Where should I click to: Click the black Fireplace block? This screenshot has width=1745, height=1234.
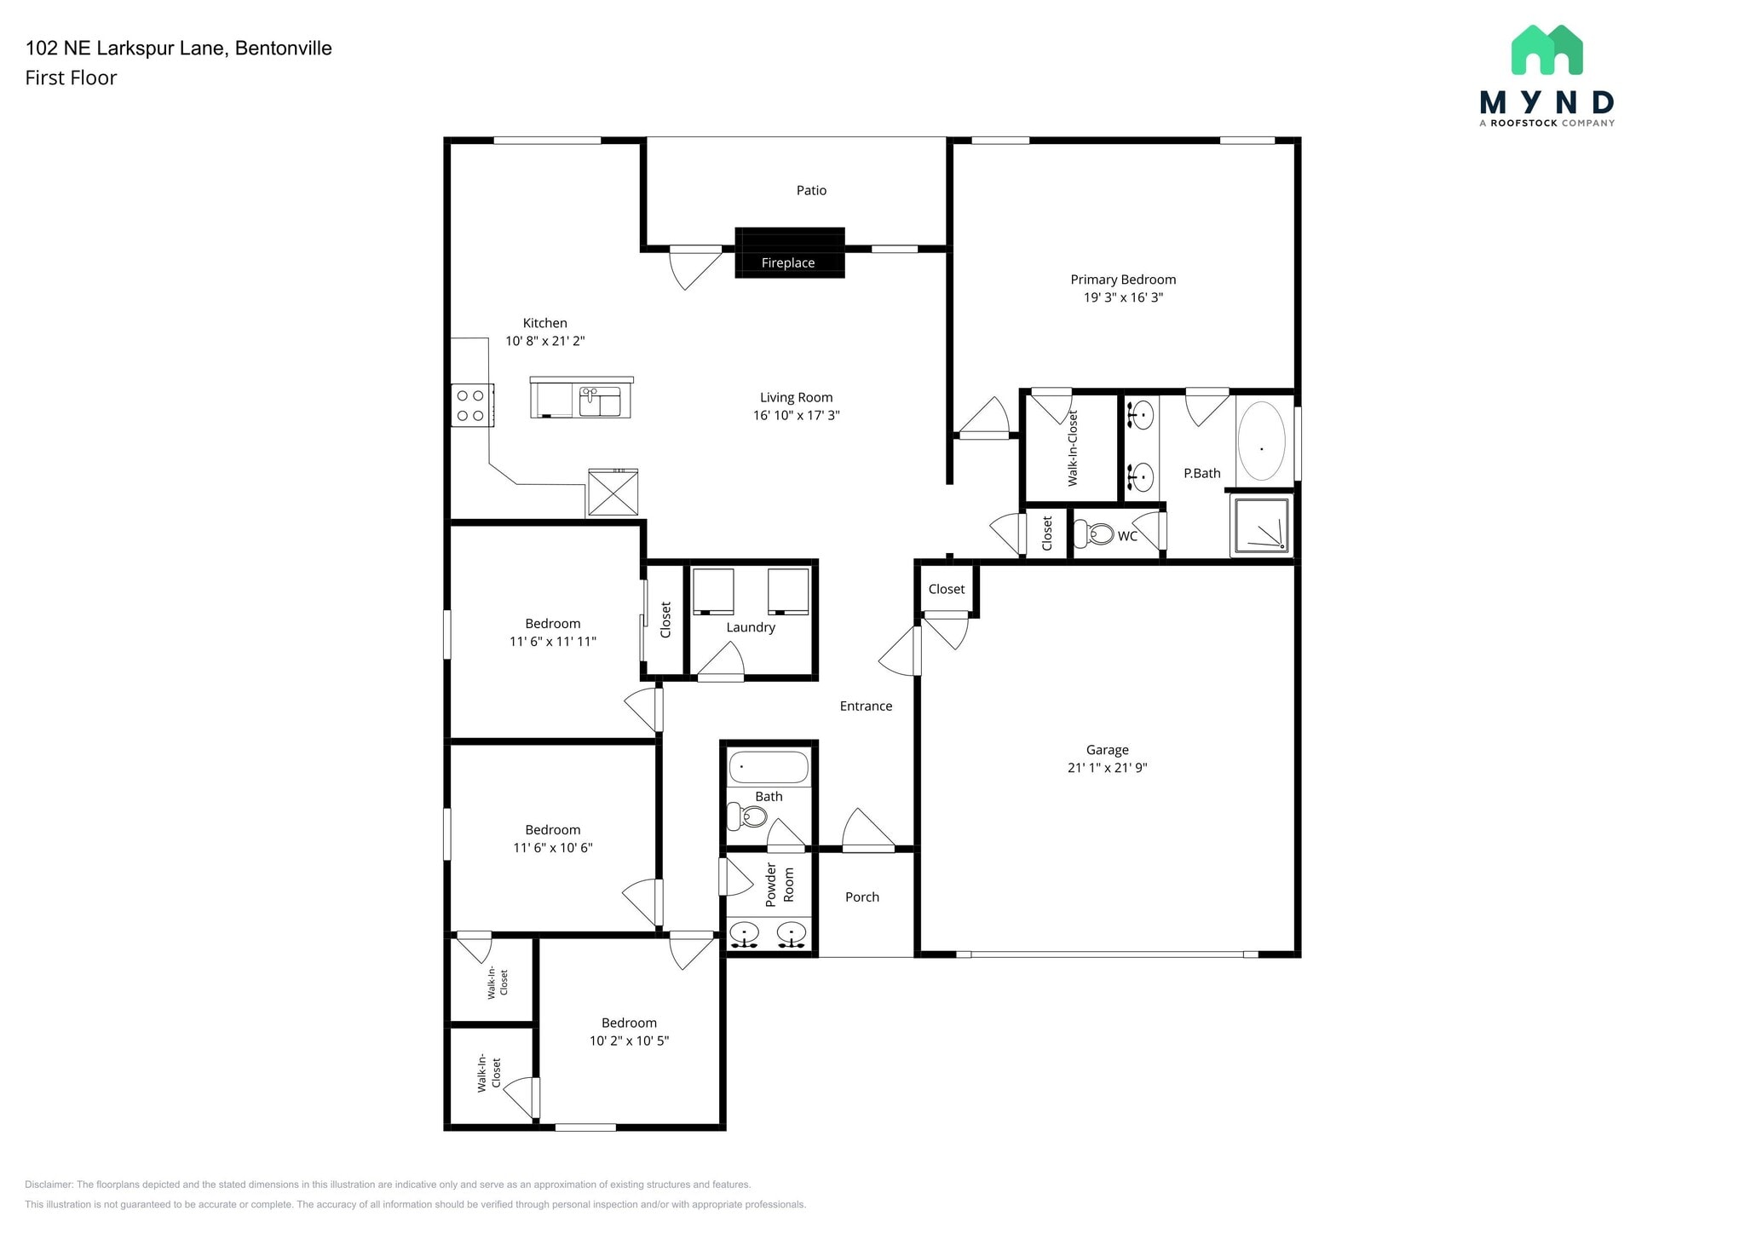coord(789,243)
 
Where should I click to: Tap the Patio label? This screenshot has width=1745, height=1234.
coord(811,190)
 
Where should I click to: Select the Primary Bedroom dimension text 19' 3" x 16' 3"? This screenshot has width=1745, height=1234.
coord(1122,297)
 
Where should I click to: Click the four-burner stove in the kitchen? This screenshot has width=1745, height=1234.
coord(471,405)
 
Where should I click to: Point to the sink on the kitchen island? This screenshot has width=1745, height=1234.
coord(600,401)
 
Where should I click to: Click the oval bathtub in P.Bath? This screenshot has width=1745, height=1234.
coord(1261,441)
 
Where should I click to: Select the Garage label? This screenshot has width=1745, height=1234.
coord(1107,750)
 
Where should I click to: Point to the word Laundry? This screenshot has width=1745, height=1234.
coord(751,627)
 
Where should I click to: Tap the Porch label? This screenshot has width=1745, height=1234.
coord(861,897)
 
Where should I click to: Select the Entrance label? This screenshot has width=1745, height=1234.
coord(866,706)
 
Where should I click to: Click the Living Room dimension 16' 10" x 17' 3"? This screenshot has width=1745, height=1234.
coord(796,415)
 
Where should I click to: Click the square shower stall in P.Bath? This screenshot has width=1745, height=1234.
coord(1261,526)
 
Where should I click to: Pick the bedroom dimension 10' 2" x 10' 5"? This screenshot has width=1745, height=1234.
coord(629,1041)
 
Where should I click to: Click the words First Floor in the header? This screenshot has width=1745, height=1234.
coord(71,78)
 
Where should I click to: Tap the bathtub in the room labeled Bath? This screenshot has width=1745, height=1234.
coord(768,767)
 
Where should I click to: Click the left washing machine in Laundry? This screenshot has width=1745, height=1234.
coord(713,591)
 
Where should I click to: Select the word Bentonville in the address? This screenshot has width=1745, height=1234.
coord(283,48)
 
